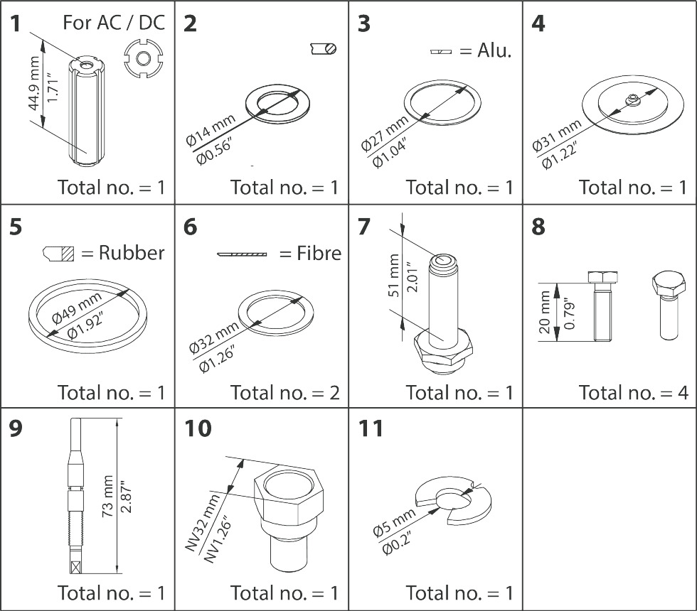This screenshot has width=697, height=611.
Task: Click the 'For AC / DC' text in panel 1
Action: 114,22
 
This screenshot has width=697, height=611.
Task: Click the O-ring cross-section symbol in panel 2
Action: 324,48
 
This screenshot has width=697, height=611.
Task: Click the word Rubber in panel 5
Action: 132,253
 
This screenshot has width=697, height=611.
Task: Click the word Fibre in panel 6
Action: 319,253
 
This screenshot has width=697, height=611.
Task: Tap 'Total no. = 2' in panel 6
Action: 284,392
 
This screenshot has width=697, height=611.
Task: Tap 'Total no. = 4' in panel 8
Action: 633,392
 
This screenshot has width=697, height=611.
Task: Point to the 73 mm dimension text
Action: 107,492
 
